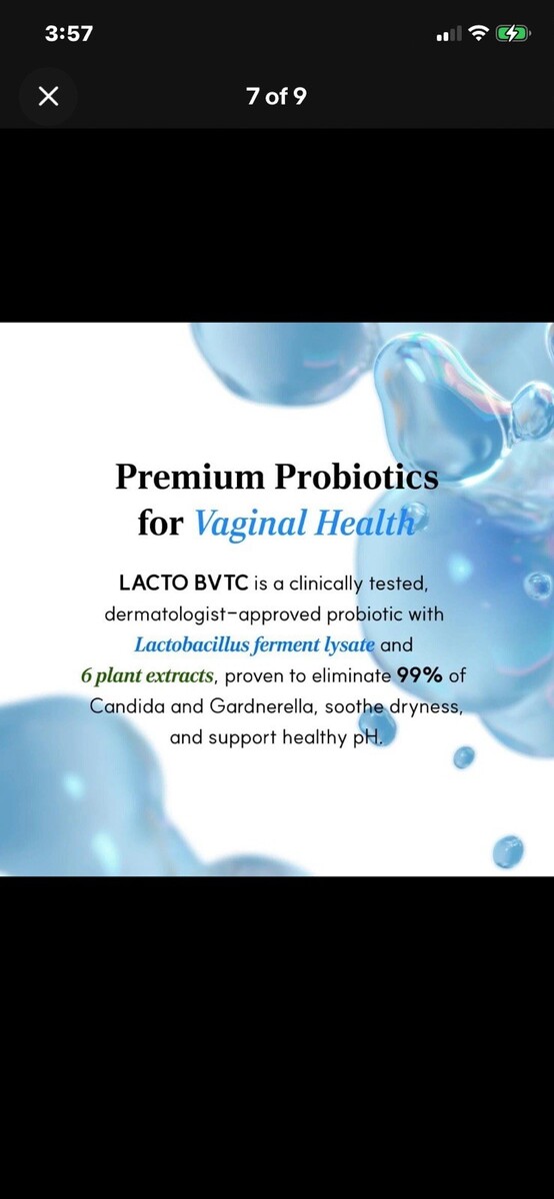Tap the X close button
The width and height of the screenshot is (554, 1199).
pos(48,97)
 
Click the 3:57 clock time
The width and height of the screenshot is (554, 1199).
pos(69,34)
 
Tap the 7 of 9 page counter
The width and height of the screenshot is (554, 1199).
pos(276,96)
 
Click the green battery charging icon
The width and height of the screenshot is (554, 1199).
pos(513,34)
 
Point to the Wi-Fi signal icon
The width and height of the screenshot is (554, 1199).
pos(478,34)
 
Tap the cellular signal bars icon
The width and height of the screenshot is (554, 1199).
pos(449,35)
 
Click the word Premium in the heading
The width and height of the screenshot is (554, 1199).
pos(190,476)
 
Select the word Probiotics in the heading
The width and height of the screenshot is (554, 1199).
pos(357,476)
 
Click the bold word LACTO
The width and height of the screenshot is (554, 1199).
pos(153,583)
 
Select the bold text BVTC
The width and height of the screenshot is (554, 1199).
pos(221,583)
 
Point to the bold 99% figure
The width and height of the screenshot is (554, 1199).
pos(420,675)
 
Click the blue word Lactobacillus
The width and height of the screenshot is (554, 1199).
pos(192,644)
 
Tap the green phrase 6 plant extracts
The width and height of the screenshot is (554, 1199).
pos(147,676)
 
